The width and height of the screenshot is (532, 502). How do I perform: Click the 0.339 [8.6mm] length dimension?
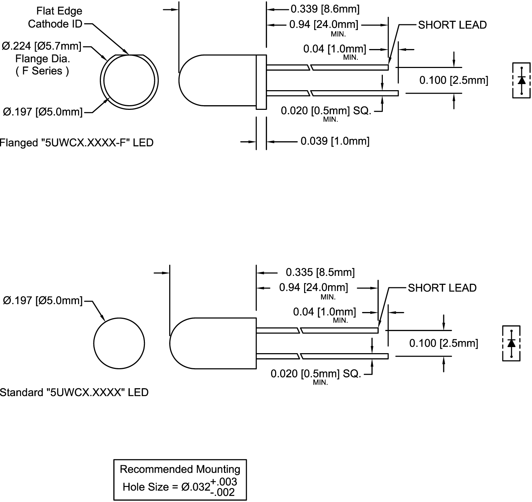[x=325, y=9]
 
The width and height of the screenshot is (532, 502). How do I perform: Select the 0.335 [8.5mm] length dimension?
[x=320, y=272]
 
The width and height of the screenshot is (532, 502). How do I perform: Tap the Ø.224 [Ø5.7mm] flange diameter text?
[x=42, y=46]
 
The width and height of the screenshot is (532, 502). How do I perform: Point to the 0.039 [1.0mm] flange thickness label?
[x=335, y=141]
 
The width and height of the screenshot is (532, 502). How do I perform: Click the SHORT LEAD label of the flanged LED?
[x=452, y=25]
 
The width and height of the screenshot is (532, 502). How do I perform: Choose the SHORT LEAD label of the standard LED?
[x=442, y=288]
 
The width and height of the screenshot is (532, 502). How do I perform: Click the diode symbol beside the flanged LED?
[x=521, y=80]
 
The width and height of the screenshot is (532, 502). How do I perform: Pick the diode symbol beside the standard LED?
[x=511, y=343]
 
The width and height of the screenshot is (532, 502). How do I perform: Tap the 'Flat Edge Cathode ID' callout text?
[x=55, y=18]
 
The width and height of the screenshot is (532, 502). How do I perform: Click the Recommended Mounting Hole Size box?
[x=180, y=479]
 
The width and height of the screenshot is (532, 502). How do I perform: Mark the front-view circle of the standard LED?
[x=119, y=343]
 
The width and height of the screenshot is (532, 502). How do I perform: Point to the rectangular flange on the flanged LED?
[x=261, y=82]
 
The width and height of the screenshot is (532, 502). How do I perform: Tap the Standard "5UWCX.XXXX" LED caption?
[x=74, y=393]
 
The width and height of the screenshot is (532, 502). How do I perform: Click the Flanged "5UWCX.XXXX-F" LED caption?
[x=76, y=143]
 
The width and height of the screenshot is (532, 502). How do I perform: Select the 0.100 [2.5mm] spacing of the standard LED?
[x=443, y=343]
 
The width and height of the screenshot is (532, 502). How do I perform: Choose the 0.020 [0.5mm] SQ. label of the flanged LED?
[x=326, y=111]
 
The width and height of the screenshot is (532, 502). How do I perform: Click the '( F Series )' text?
[x=42, y=71]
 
